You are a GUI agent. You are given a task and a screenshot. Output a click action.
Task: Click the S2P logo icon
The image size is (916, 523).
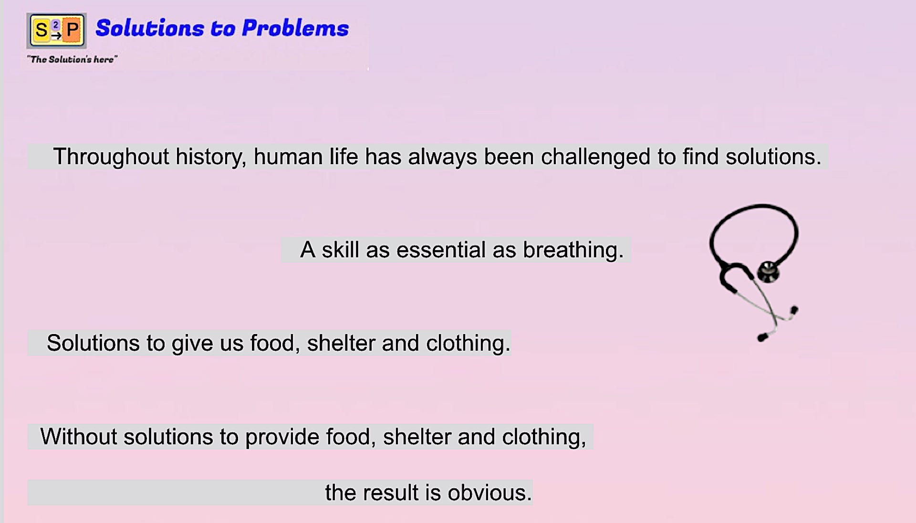coord(57,31)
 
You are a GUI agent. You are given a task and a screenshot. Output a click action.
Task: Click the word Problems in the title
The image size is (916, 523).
coord(295,28)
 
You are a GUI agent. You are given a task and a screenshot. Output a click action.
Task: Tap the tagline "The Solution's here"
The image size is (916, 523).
coord(72,59)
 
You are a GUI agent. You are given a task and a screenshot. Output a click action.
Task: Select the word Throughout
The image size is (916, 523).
coord(111,157)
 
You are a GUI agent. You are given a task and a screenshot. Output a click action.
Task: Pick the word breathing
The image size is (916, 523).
coord(573,250)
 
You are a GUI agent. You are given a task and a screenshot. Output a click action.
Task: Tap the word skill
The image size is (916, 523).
coord(340,250)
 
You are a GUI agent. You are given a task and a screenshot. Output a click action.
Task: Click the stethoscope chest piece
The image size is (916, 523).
coord(768,272)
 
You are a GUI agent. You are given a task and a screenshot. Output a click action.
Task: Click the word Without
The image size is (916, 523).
coord(78,437)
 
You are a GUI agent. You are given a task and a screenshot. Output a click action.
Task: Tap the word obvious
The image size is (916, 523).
coord(489,492)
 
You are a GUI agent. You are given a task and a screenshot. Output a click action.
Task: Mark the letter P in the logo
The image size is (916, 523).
coord(73,30)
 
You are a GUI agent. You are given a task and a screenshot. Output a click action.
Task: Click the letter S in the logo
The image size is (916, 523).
coord(42,31)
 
